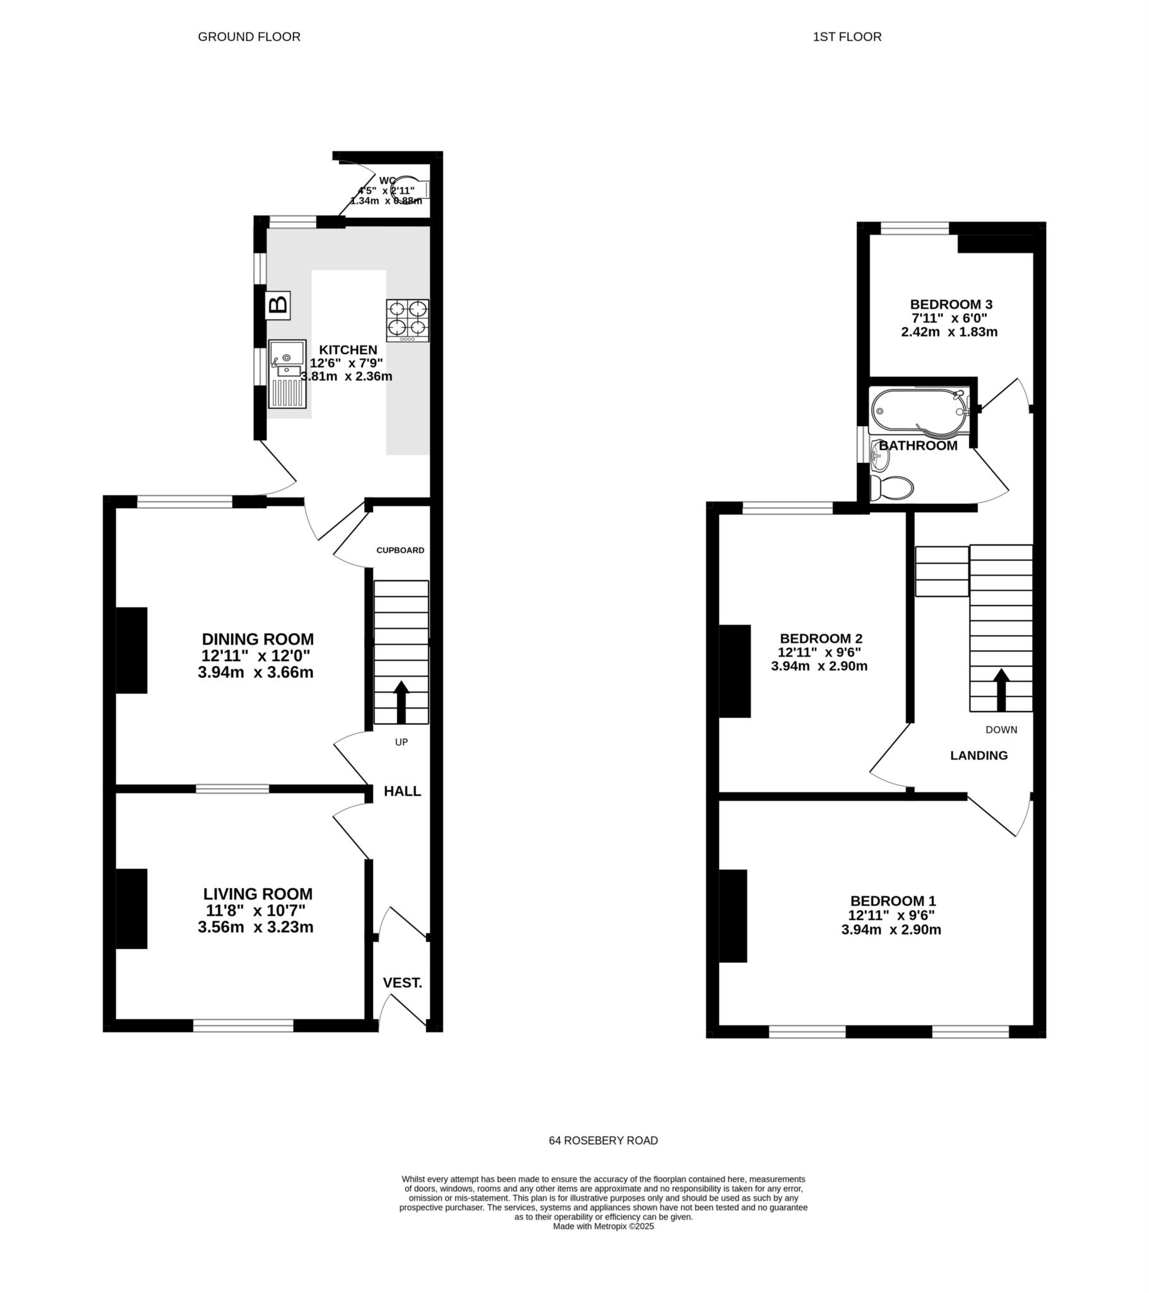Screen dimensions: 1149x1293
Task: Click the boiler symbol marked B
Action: click(278, 305)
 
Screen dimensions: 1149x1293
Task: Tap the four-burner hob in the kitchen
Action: click(407, 321)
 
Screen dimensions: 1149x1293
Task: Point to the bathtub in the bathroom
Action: click(919, 411)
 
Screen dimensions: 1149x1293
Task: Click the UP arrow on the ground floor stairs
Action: click(401, 702)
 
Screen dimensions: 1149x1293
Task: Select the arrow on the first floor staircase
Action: click(1001, 690)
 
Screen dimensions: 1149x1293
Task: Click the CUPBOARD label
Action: click(400, 551)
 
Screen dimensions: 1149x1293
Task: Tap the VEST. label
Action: click(402, 983)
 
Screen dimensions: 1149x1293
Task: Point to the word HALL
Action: click(402, 791)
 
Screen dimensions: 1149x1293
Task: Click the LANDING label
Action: click(979, 755)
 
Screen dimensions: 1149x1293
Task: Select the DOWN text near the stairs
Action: click(1001, 730)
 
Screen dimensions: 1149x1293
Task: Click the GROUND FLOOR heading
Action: click(249, 37)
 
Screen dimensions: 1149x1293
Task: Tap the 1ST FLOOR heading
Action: click(847, 37)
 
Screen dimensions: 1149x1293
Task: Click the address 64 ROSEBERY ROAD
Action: click(603, 1141)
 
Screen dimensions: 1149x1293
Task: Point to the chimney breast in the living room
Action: click(131, 909)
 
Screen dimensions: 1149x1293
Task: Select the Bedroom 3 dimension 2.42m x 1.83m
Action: click(949, 332)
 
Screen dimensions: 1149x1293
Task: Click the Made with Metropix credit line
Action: click(603, 1226)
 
